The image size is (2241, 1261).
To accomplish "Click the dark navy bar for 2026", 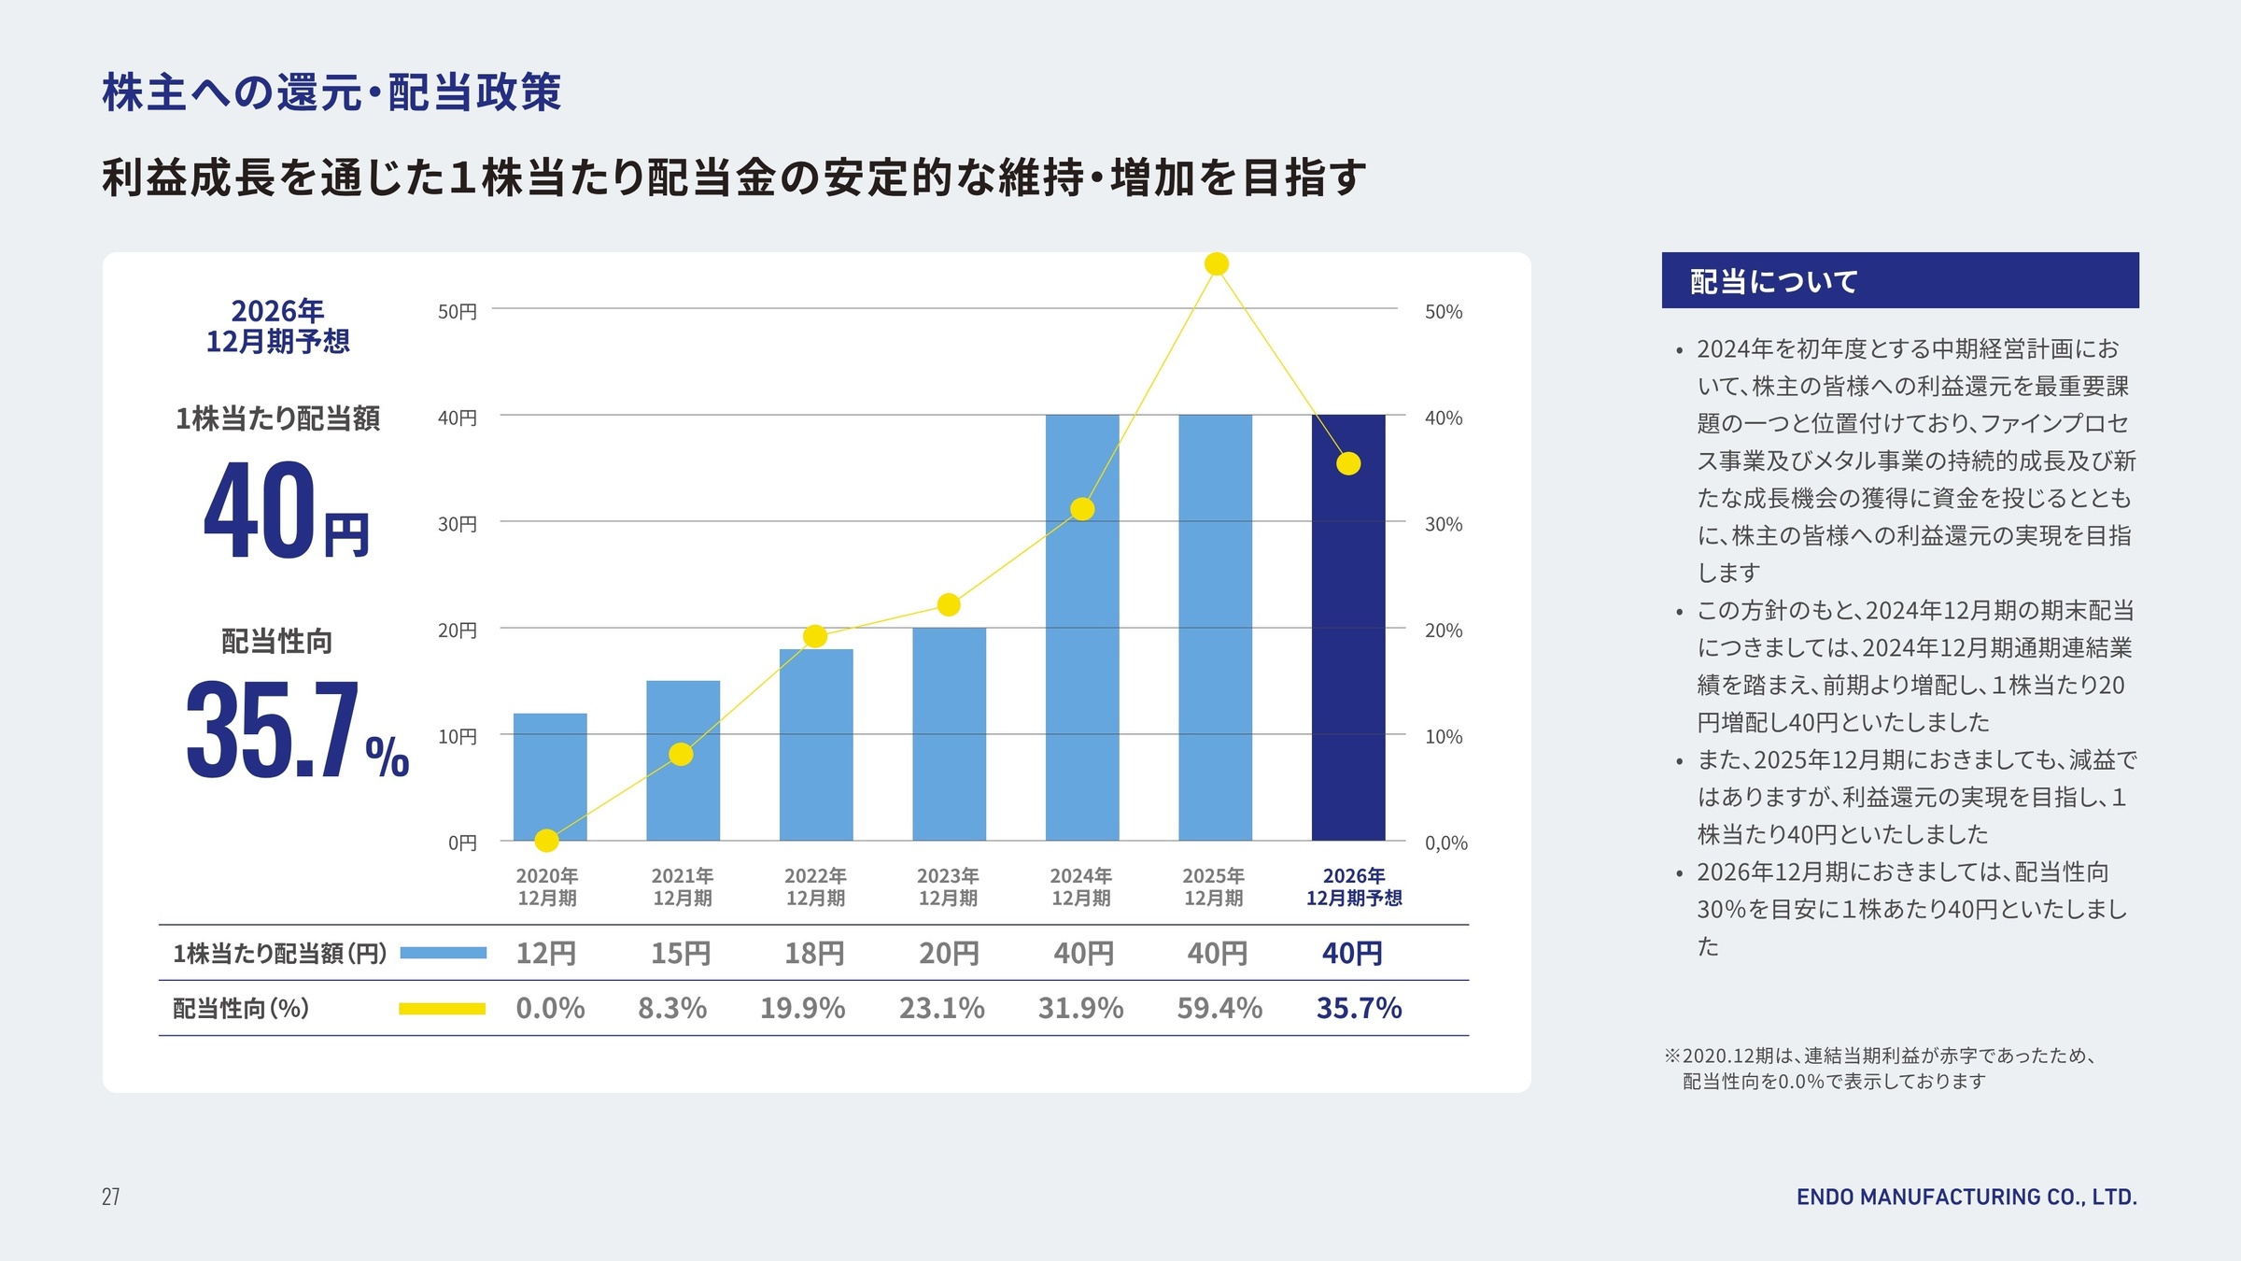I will click(x=1347, y=654).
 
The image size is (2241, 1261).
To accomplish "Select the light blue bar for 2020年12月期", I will click(x=550, y=775).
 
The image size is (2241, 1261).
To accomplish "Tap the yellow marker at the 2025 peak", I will click(x=1216, y=264).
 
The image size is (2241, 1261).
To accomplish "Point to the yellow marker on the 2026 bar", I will click(x=1348, y=463).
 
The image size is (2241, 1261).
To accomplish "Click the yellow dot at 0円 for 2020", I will click(x=547, y=841).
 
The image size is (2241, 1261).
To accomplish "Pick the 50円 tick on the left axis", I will click(x=458, y=312).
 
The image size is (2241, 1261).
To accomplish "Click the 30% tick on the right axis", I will click(x=1444, y=525).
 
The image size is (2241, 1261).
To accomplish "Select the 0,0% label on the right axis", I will click(x=1445, y=843).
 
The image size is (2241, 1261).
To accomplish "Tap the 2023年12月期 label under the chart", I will click(x=948, y=886).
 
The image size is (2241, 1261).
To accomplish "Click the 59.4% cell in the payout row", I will click(x=1219, y=1009).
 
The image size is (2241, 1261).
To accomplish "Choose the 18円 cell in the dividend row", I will click(x=814, y=954).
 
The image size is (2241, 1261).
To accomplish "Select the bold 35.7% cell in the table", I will click(x=1359, y=1009).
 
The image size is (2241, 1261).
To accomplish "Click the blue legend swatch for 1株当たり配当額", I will click(x=444, y=954).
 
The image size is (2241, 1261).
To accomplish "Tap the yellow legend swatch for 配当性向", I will click(x=442, y=1009).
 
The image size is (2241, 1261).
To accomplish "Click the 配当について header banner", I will click(x=1899, y=280).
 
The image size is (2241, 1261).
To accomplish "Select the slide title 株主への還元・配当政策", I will click(x=331, y=92).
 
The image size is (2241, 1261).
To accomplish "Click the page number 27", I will click(x=110, y=1197).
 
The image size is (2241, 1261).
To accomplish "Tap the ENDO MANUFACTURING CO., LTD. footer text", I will click(x=1966, y=1197).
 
